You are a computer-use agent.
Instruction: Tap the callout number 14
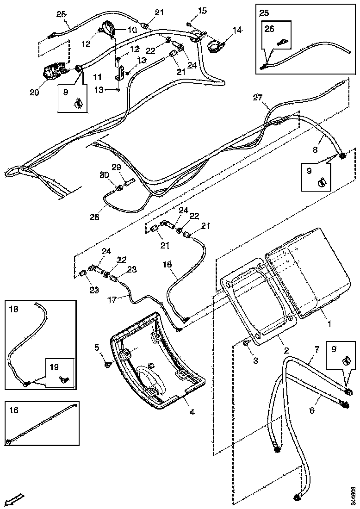pos(237,31)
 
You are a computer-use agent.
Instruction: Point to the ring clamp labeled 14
pos(215,45)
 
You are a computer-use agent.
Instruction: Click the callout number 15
pos(203,10)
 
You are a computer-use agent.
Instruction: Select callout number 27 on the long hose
pos(258,97)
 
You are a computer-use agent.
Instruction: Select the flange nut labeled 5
pos(107,365)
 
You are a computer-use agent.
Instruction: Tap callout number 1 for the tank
pos(329,324)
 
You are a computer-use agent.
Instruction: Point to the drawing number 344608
pos(353,496)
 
